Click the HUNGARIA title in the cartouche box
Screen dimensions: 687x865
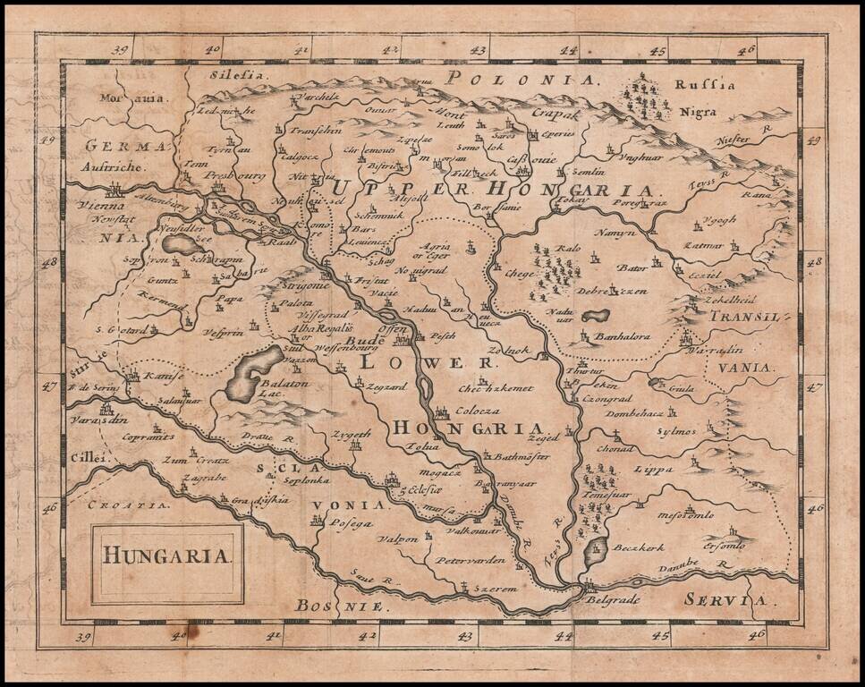(167, 555)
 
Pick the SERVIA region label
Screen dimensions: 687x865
(725, 600)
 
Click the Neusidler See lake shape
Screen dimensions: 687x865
(180, 244)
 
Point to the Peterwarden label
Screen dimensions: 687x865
(471, 561)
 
